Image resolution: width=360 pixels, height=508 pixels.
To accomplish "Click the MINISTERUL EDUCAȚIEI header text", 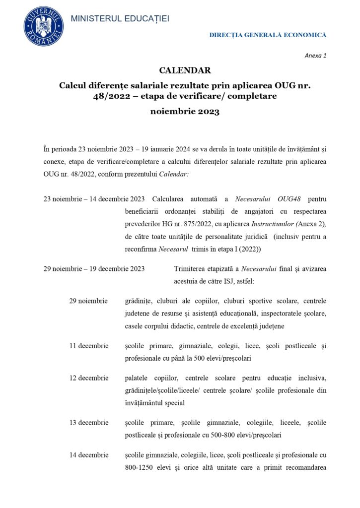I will [x=120, y=18].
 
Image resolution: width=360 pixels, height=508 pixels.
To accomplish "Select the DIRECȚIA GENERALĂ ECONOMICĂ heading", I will [x=268, y=35].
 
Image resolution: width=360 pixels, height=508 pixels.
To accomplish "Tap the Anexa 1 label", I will [x=315, y=55].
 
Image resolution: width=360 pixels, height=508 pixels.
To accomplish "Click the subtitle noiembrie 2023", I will [x=185, y=112].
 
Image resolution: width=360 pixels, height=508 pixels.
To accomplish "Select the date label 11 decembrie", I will [x=89, y=345].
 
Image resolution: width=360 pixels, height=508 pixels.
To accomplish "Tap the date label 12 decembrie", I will [x=89, y=378].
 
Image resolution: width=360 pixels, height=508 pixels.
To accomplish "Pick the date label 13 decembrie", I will [x=89, y=423].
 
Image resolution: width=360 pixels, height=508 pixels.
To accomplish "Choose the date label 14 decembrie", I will [x=89, y=455].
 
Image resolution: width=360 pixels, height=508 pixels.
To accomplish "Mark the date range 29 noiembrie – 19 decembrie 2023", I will [x=94, y=269].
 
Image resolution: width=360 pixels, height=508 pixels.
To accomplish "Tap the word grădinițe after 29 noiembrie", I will [x=139, y=301].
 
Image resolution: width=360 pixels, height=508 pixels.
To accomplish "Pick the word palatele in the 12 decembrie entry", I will [x=137, y=378].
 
